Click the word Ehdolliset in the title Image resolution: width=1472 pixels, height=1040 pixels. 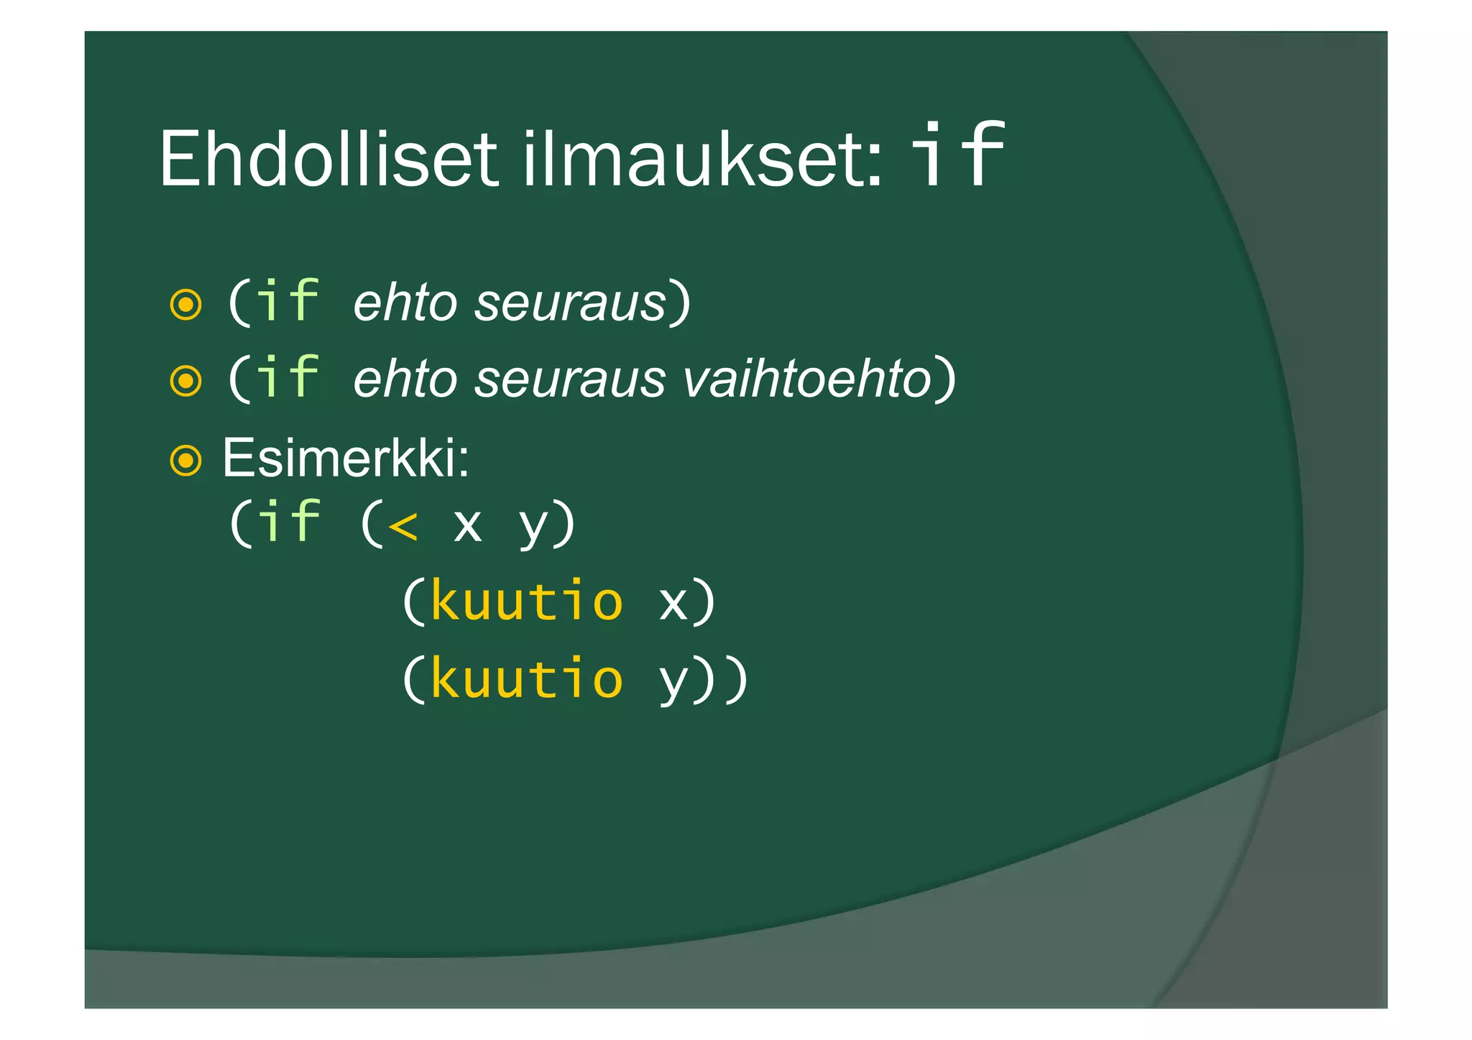tap(328, 159)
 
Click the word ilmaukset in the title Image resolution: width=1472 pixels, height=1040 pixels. tap(701, 159)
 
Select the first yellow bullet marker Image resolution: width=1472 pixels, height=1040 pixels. tap(185, 305)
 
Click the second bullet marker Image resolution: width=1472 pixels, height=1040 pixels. tap(185, 381)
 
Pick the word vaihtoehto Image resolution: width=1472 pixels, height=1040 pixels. tap(806, 379)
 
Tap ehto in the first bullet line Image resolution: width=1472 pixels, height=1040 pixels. tap(405, 303)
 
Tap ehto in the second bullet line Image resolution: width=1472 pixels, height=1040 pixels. tap(405, 379)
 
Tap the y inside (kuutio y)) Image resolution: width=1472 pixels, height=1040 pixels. tap(673, 681)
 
